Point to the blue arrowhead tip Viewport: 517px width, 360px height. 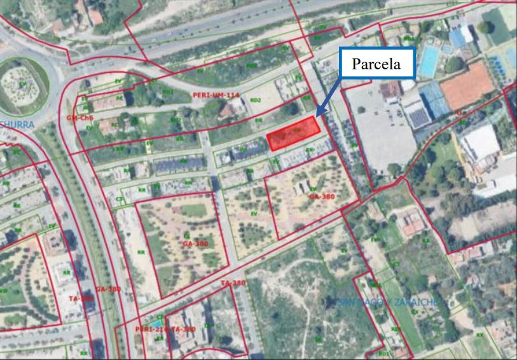[317, 116]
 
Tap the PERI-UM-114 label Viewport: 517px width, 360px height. [216, 95]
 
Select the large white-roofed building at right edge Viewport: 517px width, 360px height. [480, 143]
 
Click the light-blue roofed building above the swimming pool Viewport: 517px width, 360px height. [459, 35]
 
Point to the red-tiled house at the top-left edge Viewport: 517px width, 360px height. [95, 15]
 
